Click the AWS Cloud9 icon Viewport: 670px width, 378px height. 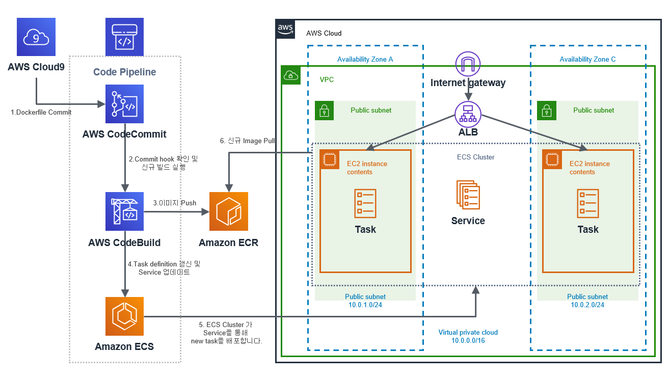point(36,37)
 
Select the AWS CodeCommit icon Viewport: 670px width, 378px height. point(124,104)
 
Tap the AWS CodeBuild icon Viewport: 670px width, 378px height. point(124,211)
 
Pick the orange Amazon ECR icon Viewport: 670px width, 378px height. point(229,211)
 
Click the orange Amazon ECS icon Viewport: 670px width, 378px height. point(124,316)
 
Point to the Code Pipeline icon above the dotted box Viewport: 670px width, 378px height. point(124,37)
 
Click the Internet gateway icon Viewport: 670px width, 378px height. point(468,64)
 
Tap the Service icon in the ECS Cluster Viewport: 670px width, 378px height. point(468,195)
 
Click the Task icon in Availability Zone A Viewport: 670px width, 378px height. point(365,201)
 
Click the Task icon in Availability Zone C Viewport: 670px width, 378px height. point(587,201)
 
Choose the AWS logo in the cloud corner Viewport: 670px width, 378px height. point(285,30)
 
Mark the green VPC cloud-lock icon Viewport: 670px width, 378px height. point(291,75)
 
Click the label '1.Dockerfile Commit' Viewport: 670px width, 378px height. point(41,112)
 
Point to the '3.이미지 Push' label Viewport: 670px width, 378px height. point(175,203)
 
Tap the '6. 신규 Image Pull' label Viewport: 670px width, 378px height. point(248,141)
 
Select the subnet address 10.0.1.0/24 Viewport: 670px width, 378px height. point(365,305)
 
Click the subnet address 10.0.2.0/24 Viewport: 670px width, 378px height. point(587,305)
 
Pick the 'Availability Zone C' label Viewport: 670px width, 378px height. point(587,60)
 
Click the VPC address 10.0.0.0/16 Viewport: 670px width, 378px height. point(468,340)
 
